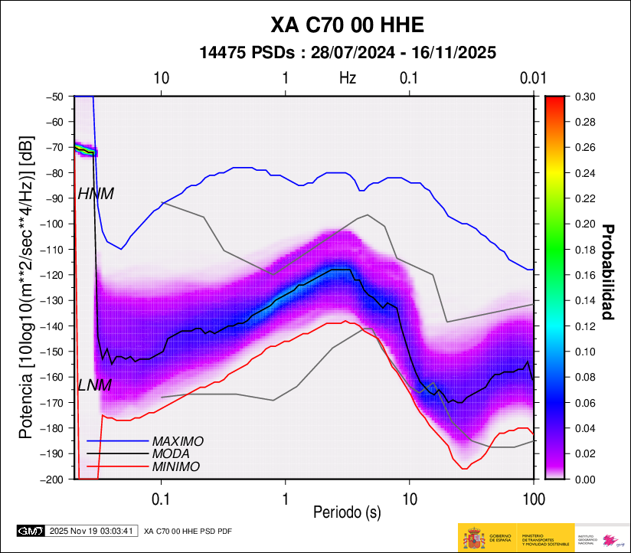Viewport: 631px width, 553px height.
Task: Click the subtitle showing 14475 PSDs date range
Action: tap(347, 53)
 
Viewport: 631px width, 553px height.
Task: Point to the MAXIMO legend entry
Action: tap(177, 442)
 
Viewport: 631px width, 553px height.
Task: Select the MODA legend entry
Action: tap(172, 454)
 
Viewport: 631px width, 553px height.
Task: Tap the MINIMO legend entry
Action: tap(175, 466)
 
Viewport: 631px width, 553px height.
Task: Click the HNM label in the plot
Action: tap(96, 195)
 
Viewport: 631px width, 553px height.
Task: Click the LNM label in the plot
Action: tap(95, 385)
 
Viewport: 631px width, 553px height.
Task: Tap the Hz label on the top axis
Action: tap(348, 77)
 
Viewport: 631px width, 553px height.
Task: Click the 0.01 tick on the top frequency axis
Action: tap(532, 77)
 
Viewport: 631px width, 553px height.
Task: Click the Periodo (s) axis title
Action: tap(347, 511)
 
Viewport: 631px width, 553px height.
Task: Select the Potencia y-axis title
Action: tap(26, 288)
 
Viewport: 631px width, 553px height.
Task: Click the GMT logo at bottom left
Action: tap(31, 530)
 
